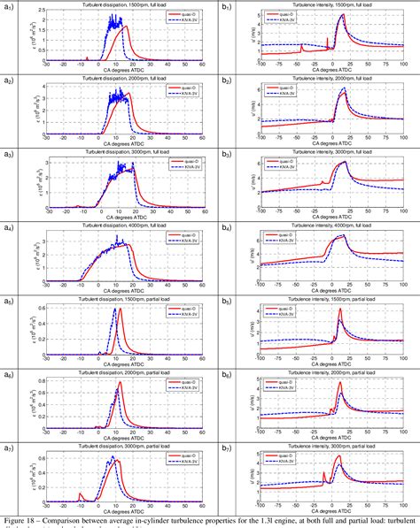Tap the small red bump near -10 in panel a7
(81, 494)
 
